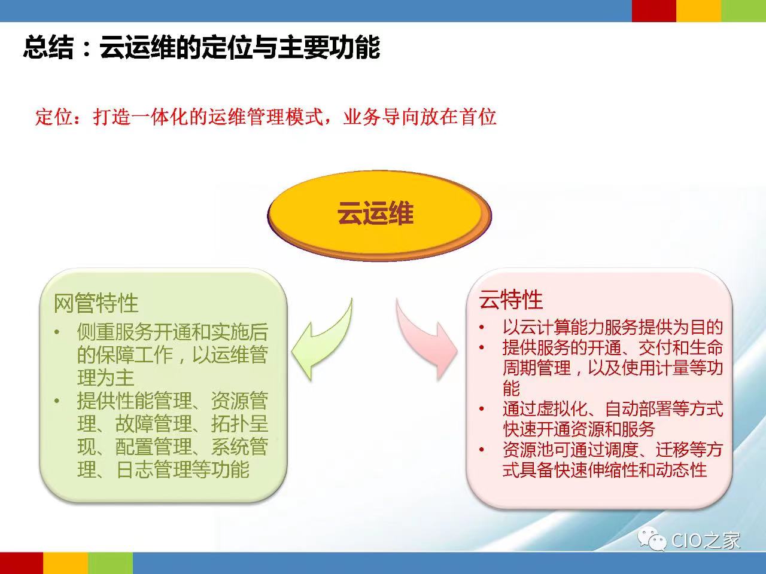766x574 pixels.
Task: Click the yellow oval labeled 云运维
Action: pyautogui.click(x=379, y=215)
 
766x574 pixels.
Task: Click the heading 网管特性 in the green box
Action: pyautogui.click(x=96, y=303)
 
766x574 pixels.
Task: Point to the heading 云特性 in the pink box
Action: pyautogui.click(x=511, y=300)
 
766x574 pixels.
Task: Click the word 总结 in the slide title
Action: pyautogui.click(x=48, y=47)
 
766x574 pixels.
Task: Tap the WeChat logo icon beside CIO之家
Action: pyautogui.click(x=652, y=539)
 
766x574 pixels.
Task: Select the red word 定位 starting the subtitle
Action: pyautogui.click(x=54, y=117)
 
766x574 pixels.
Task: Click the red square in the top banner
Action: pyautogui.click(x=654, y=11)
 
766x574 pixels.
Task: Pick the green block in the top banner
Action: pyautogui.click(x=744, y=11)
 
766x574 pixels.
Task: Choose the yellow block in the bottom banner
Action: pyautogui.click(x=66, y=563)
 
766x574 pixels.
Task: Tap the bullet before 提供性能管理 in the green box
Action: pyautogui.click(x=57, y=401)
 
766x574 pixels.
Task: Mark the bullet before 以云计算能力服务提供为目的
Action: pyautogui.click(x=482, y=327)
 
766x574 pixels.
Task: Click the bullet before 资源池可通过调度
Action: pyautogui.click(x=482, y=450)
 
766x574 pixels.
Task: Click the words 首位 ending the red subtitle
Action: pyautogui.click(x=479, y=117)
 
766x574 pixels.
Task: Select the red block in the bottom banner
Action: pyautogui.click(x=22, y=563)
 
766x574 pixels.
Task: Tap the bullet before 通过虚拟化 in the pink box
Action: pyautogui.click(x=482, y=408)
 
